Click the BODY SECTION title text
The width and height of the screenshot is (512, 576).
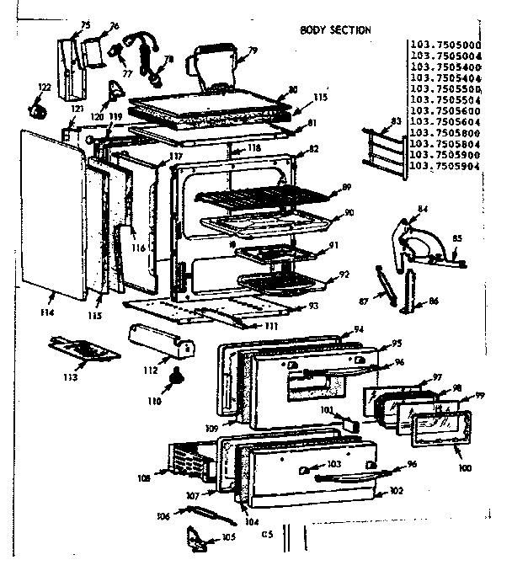point(335,30)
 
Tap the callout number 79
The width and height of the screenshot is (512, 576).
point(252,51)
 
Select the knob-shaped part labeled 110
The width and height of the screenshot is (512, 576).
point(177,376)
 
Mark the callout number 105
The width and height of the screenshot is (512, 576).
point(228,536)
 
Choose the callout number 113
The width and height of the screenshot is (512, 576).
point(68,376)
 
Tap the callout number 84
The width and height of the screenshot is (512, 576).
point(422,208)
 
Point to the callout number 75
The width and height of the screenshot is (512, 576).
point(85,25)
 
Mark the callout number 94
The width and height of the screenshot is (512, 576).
point(359,329)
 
